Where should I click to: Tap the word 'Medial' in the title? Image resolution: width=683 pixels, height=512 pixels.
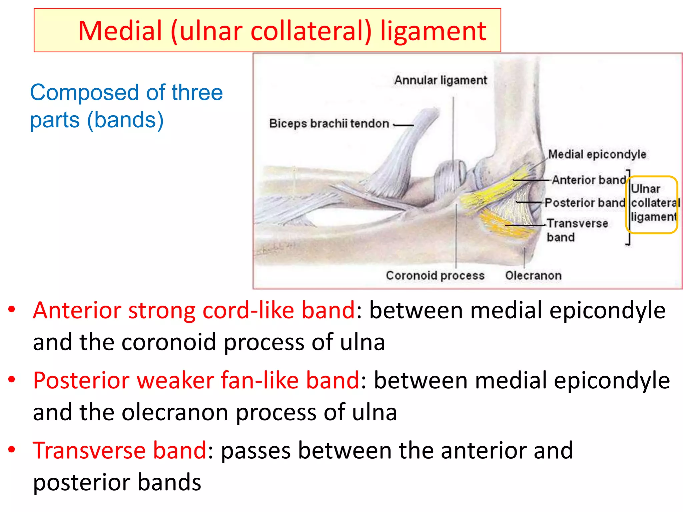(x=120, y=31)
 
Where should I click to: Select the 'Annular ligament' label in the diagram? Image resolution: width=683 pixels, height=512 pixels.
(x=441, y=80)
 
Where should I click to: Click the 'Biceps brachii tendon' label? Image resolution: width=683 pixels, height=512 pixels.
(x=329, y=124)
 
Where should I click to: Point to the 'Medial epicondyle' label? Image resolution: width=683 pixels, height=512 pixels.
(x=597, y=154)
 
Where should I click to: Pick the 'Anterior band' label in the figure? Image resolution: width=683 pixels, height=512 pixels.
(x=589, y=180)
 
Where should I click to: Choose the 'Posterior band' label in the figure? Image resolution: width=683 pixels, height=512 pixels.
(x=585, y=203)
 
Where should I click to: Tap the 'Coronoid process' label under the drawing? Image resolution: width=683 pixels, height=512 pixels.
(x=435, y=276)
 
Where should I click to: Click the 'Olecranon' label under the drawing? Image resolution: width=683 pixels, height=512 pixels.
(x=533, y=276)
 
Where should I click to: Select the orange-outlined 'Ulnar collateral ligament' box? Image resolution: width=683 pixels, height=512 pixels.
(x=652, y=204)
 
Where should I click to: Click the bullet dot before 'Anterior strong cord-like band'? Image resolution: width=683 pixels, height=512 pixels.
(x=12, y=310)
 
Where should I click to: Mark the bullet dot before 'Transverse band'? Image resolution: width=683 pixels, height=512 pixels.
(x=12, y=450)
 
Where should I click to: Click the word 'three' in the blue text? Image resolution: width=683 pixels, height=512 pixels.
(x=197, y=93)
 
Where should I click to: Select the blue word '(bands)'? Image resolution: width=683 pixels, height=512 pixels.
(x=125, y=120)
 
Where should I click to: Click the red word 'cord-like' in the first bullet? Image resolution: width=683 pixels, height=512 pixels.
(x=248, y=310)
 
